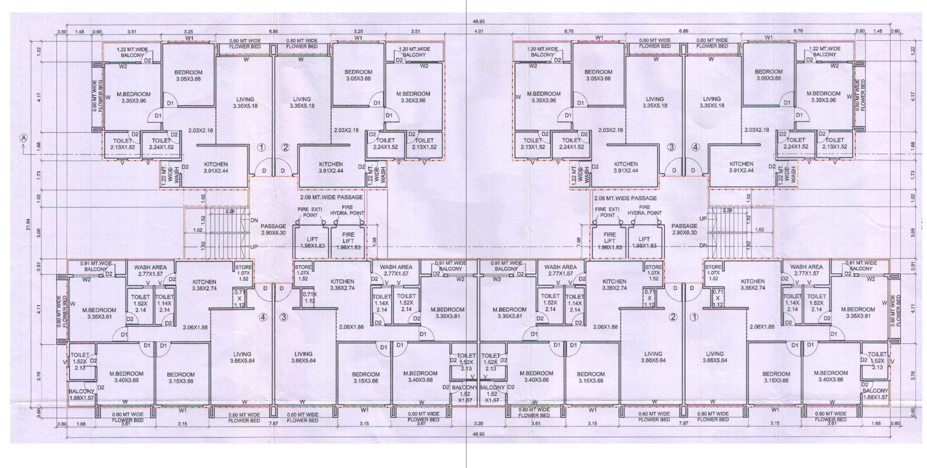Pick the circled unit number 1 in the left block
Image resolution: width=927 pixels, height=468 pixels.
262,147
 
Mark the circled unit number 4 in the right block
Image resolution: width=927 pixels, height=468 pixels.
696,147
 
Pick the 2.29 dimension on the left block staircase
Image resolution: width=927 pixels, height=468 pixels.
230,211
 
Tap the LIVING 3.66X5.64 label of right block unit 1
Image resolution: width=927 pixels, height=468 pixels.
714,357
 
